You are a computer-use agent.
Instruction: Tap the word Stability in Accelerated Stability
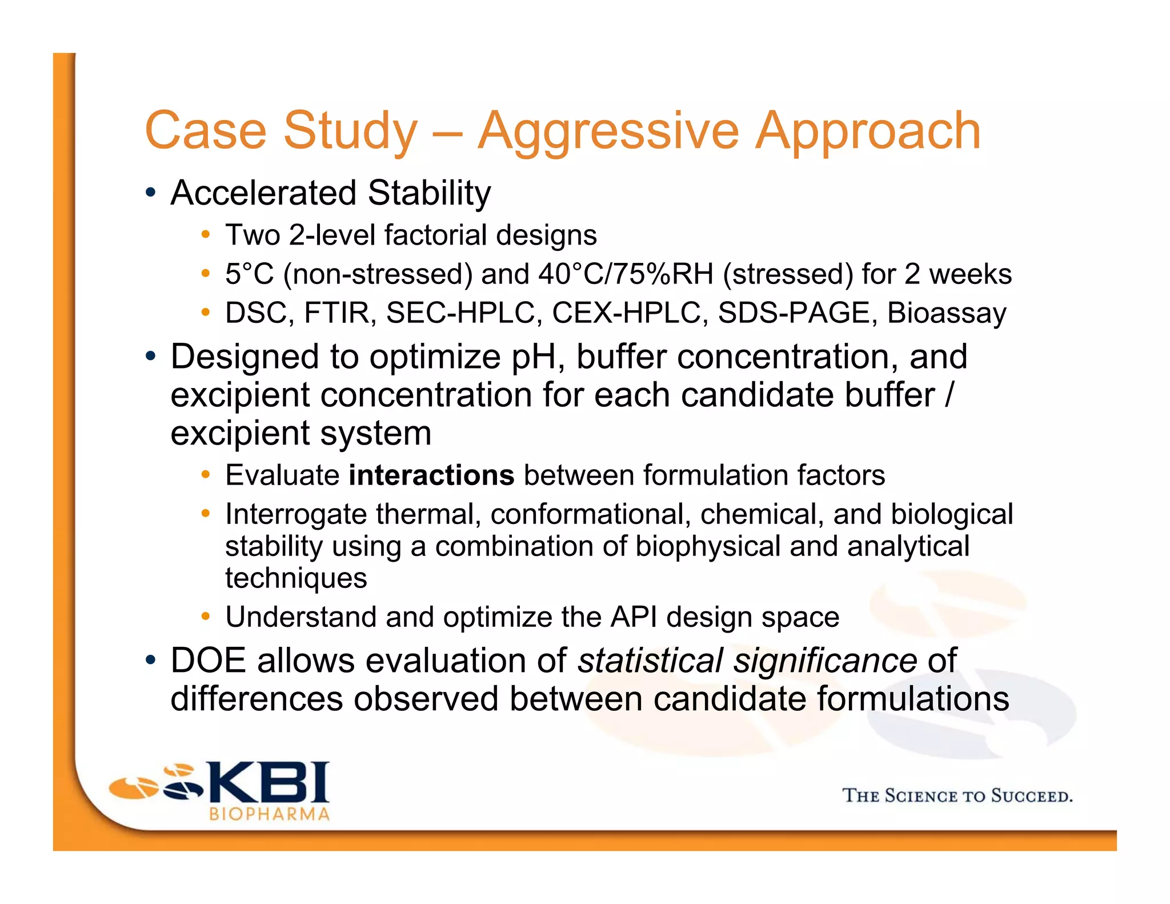429,193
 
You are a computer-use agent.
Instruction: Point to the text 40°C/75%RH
626,274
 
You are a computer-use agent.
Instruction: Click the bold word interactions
431,475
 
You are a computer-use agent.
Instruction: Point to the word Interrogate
295,514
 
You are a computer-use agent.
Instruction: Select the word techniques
296,578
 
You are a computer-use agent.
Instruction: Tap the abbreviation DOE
209,661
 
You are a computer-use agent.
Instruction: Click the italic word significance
825,661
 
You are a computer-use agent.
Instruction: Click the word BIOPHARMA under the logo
269,814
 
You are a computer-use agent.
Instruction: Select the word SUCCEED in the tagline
1031,796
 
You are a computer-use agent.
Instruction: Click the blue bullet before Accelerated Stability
150,193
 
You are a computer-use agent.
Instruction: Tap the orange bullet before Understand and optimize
206,617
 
